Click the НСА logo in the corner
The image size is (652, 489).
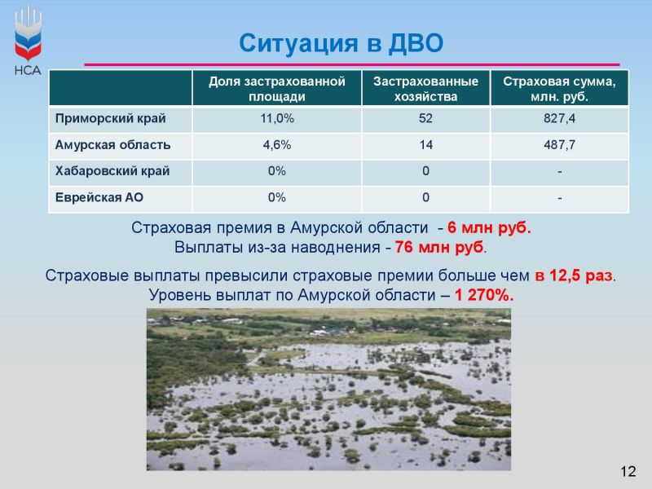[x=28, y=41]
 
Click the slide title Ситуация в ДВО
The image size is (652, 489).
[x=341, y=43]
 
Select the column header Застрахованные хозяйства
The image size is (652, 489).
[x=425, y=89]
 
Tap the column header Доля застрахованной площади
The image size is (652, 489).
[x=277, y=89]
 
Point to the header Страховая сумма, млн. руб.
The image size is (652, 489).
[x=559, y=89]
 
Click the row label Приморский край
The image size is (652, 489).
[x=111, y=118]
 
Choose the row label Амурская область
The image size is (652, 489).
[x=112, y=145]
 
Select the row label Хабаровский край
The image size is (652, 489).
[x=112, y=171]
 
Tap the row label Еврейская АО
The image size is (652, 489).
[x=99, y=197]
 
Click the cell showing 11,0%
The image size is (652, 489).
[x=277, y=118]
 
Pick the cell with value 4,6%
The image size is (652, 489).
[x=277, y=145]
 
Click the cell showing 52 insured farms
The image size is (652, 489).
[x=425, y=118]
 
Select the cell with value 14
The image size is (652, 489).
[x=425, y=145]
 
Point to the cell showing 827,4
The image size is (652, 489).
[x=559, y=118]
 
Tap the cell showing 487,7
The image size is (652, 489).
[x=559, y=145]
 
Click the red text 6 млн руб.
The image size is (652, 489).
[x=490, y=228]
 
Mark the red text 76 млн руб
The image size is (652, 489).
[x=439, y=248]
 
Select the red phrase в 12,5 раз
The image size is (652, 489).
[x=574, y=275]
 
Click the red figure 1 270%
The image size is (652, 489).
[x=484, y=295]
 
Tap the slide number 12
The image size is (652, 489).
[x=628, y=472]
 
